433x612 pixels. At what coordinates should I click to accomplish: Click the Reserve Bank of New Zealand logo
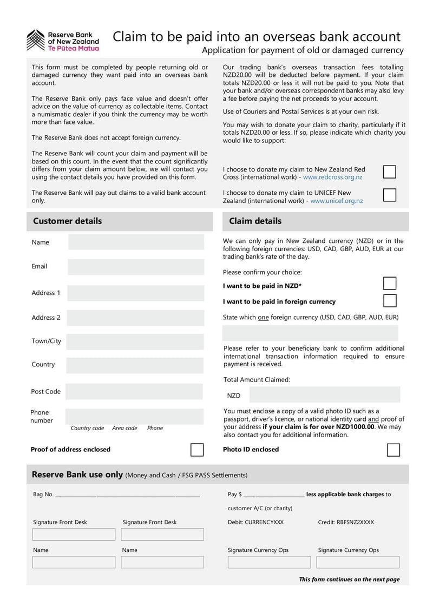63,41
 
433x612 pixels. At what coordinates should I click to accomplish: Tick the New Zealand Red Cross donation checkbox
389,172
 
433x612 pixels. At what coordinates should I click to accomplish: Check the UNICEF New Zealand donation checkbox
389,195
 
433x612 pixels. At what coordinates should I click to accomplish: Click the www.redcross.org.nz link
332,177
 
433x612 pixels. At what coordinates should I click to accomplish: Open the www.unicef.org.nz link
336,201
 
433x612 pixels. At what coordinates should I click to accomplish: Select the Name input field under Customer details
136,242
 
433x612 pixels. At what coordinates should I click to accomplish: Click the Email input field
136,266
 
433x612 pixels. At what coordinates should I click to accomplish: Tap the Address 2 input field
135,318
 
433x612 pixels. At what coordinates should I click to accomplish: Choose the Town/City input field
135,341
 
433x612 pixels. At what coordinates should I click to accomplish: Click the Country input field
135,365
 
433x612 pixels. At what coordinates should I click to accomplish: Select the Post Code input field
134,391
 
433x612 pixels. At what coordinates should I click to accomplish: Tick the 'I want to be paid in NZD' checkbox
389,284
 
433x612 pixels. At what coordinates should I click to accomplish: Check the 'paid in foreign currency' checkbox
389,301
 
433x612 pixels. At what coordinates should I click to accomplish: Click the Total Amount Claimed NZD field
325,395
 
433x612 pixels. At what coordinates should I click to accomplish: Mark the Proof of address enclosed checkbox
198,450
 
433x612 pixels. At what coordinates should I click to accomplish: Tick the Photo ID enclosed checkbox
393,450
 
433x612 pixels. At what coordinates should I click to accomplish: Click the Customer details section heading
67,221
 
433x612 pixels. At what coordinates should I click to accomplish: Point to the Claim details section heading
255,221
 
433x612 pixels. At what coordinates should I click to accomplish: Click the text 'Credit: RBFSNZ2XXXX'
345,522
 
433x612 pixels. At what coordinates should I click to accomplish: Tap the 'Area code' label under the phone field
124,428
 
